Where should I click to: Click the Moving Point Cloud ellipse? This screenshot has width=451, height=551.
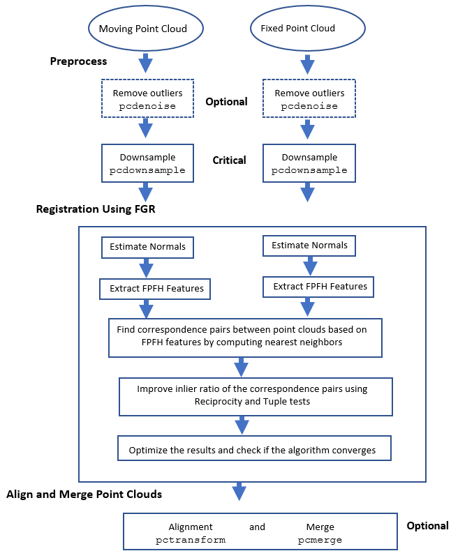(x=146, y=29)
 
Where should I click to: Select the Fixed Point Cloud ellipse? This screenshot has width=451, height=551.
(x=298, y=29)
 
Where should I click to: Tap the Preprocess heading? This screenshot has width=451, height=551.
(x=78, y=61)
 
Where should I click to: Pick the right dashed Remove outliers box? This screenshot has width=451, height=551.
(x=309, y=99)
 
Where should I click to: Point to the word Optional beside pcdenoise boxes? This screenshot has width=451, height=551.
(x=226, y=102)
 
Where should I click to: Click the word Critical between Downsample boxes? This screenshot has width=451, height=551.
(x=229, y=160)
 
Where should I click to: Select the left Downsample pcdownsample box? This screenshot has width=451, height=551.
(x=147, y=164)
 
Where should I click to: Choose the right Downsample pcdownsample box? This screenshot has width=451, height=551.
(x=309, y=164)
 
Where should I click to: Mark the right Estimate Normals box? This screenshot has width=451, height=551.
(x=309, y=246)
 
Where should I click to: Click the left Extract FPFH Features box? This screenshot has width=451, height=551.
(x=156, y=288)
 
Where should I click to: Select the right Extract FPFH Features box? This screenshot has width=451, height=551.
(x=319, y=286)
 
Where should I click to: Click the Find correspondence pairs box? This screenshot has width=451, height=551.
(x=244, y=338)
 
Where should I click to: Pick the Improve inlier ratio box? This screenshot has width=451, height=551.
(x=256, y=395)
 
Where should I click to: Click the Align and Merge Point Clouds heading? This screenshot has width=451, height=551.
(x=84, y=495)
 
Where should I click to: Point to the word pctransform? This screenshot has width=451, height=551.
(x=191, y=540)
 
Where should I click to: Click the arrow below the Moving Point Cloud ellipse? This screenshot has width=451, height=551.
(x=146, y=64)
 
